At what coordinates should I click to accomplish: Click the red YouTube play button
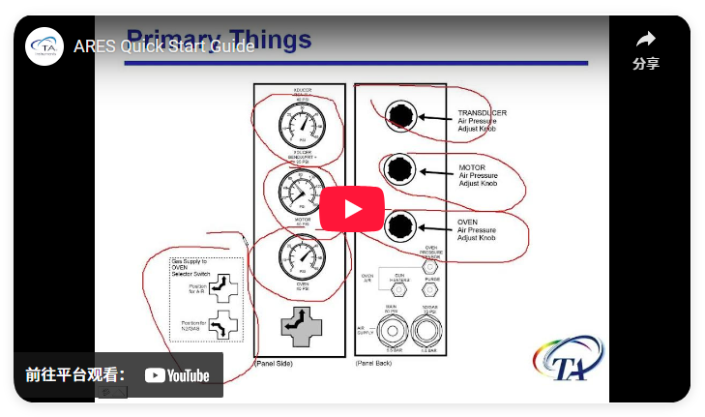click(352, 209)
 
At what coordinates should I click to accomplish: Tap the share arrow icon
click(646, 41)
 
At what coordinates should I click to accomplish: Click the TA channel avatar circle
click(44, 46)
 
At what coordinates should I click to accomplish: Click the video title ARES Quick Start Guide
click(163, 46)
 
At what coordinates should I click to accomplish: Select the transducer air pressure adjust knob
click(397, 117)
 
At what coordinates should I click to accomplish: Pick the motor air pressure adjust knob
click(397, 170)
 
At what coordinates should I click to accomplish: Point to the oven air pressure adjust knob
click(397, 227)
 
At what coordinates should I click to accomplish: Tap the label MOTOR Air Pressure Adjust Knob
click(478, 175)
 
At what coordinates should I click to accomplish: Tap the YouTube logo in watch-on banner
click(177, 375)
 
